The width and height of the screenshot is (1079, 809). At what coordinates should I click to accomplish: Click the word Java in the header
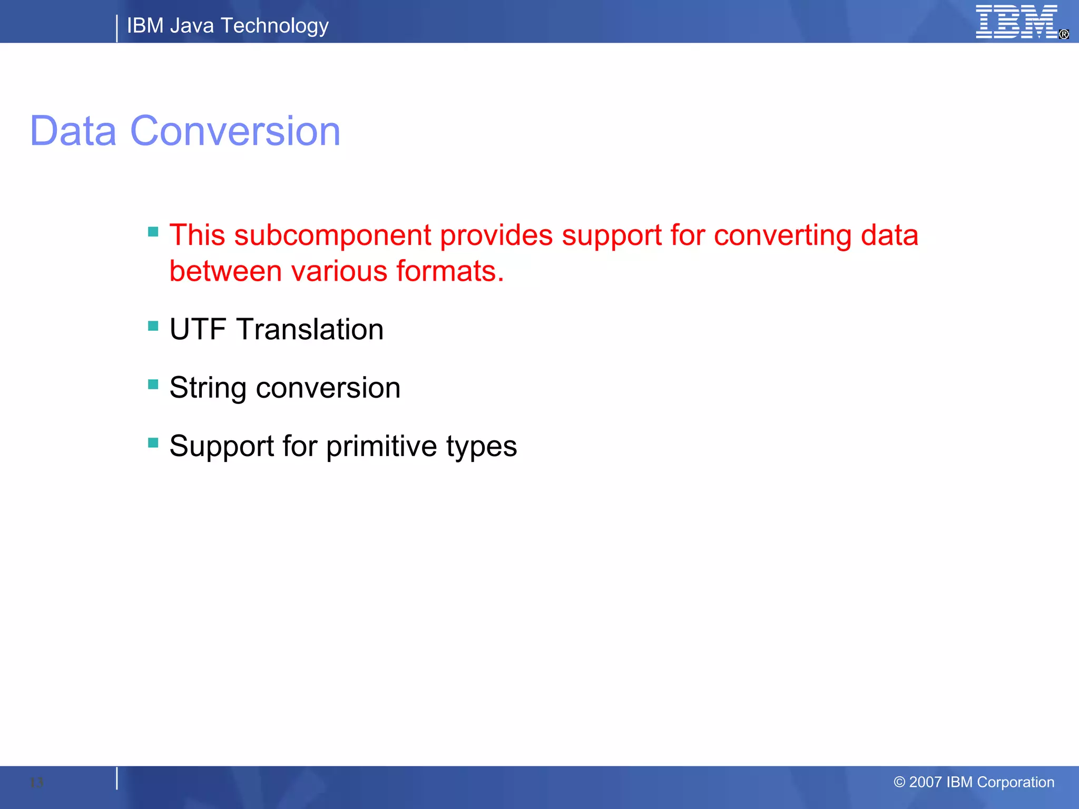tap(192, 25)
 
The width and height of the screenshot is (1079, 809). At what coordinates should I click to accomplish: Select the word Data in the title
tap(73, 131)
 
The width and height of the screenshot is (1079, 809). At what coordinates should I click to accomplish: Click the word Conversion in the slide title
tap(235, 131)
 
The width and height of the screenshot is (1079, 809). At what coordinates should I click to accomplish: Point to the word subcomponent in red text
tap(332, 235)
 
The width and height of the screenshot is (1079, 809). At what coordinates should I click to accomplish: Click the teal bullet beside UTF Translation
tap(153, 326)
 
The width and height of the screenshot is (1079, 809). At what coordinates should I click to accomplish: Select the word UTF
tap(198, 330)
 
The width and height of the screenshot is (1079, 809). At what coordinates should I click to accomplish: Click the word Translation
tap(310, 330)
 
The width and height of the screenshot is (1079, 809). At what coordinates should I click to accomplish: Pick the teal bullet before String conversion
tap(153, 384)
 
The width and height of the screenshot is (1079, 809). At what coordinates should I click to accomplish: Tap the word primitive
tap(381, 447)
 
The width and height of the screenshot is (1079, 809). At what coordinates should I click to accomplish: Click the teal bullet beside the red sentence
tap(153, 232)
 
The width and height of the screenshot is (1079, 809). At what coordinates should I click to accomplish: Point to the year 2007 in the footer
tap(926, 782)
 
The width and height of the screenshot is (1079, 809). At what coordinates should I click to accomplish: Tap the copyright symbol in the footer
tap(899, 782)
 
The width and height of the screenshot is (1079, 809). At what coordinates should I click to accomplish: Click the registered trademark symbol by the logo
tap(1064, 34)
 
